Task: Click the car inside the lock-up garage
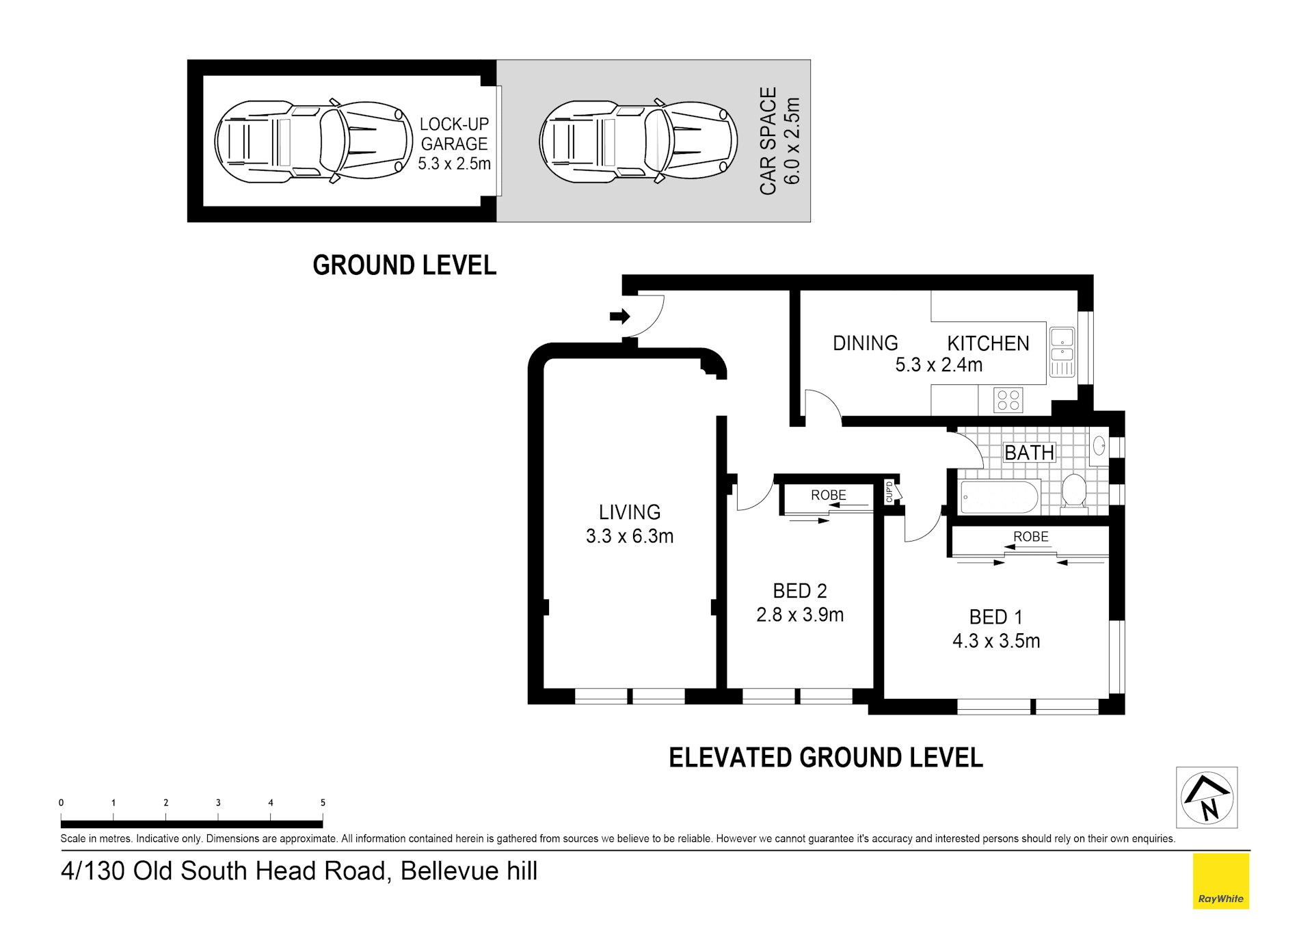pyautogui.click(x=313, y=141)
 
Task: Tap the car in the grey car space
pyautogui.click(x=638, y=141)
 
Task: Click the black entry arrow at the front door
pyautogui.click(x=619, y=317)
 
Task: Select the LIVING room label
pyautogui.click(x=629, y=512)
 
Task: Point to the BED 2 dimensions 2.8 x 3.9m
pyautogui.click(x=799, y=615)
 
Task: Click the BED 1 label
pyautogui.click(x=995, y=617)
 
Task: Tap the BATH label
pyautogui.click(x=1029, y=453)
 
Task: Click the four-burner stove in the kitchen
pyautogui.click(x=1008, y=400)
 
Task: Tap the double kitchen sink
pyautogui.click(x=1062, y=345)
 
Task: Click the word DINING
pyautogui.click(x=865, y=343)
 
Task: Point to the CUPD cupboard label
pyautogui.click(x=889, y=492)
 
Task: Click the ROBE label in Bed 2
pyautogui.click(x=828, y=495)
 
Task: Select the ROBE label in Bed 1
pyautogui.click(x=1030, y=537)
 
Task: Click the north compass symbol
pyautogui.click(x=1207, y=797)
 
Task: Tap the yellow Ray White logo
pyautogui.click(x=1220, y=881)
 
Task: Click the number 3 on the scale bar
pyautogui.click(x=218, y=803)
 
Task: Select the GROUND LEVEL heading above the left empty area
pyautogui.click(x=404, y=265)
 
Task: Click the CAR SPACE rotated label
pyautogui.click(x=768, y=141)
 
